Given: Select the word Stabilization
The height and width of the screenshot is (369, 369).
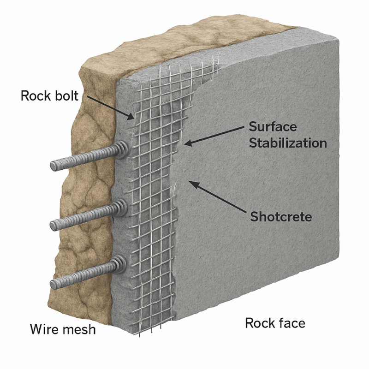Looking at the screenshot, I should point(288,143).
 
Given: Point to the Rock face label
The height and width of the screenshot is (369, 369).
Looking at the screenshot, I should point(275,322).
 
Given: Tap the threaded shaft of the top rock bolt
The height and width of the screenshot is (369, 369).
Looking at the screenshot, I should point(88,157).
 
